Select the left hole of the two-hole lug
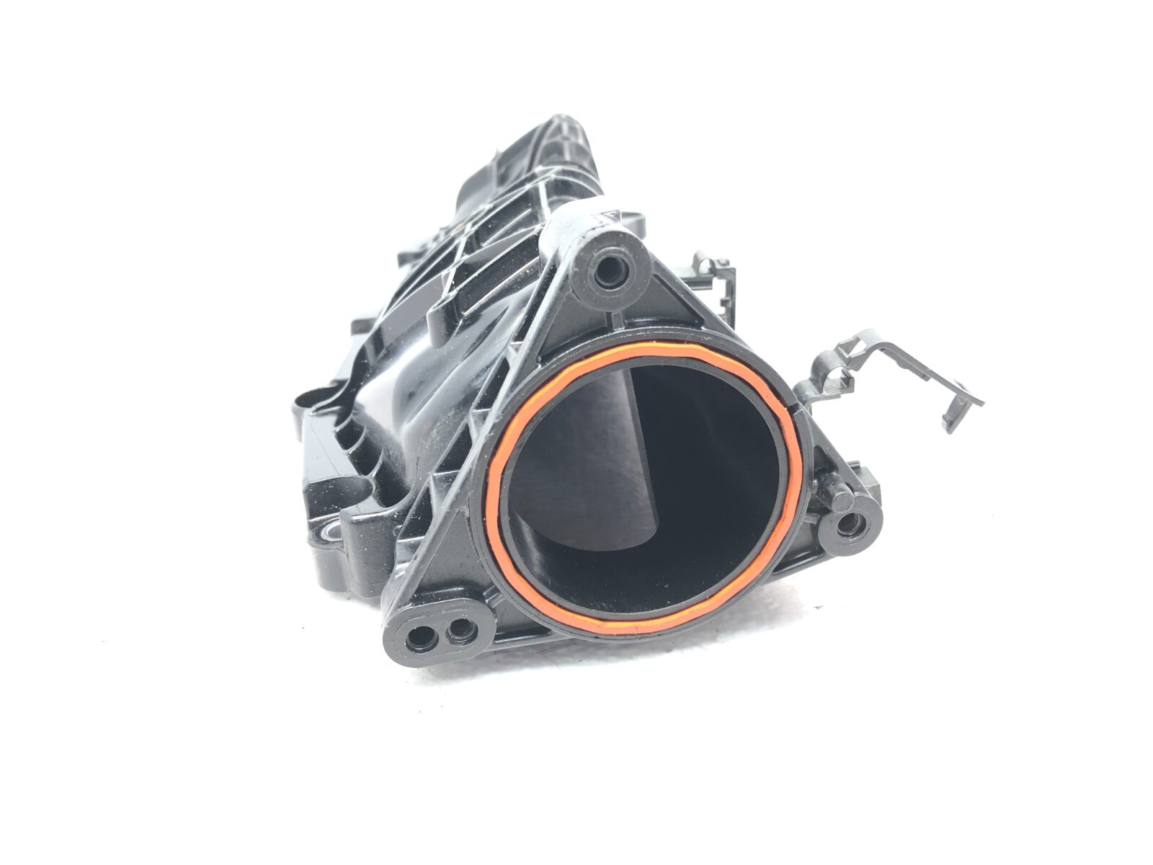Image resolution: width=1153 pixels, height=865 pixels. (419, 636)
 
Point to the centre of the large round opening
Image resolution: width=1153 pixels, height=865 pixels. (641, 490)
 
